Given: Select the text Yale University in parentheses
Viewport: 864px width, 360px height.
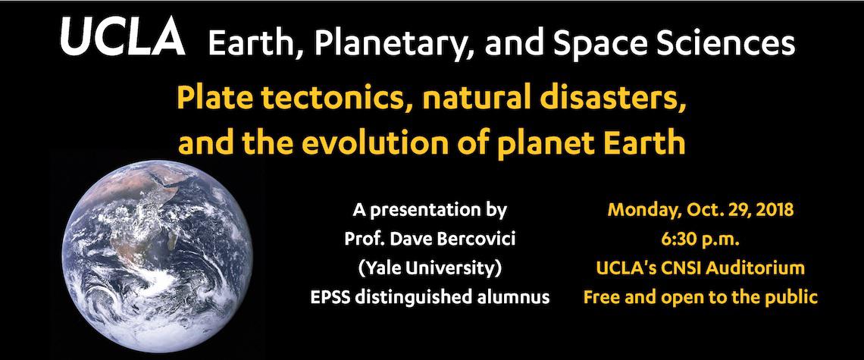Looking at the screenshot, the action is point(430,269).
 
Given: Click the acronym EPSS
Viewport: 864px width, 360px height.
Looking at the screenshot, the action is point(329,298).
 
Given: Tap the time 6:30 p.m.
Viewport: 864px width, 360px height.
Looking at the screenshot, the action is point(700,239).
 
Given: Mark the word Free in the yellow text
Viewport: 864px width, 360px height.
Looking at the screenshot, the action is point(599,298).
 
